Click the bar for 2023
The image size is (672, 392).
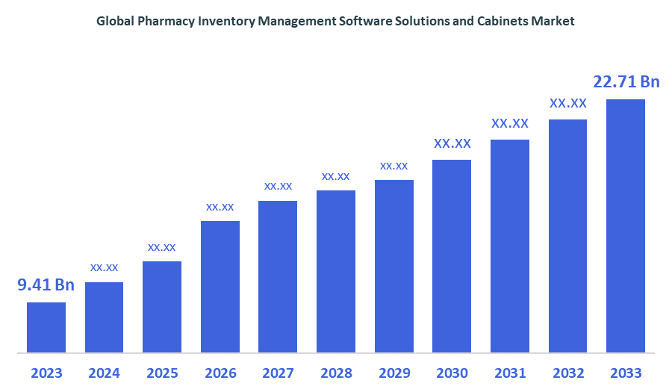[46, 327]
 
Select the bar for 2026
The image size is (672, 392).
[220, 286]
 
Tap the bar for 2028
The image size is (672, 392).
[336, 271]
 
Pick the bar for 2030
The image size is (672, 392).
[452, 255]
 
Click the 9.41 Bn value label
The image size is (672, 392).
[46, 284]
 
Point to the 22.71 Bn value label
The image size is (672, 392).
[626, 81]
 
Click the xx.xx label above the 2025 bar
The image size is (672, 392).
[162, 247]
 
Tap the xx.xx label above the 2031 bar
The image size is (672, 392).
[510, 123]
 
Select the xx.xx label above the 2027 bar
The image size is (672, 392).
[278, 186]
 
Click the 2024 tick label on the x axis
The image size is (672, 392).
[104, 373]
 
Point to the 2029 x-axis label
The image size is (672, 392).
[394, 373]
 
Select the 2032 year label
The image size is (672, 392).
[567, 373]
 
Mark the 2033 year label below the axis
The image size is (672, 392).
[626, 373]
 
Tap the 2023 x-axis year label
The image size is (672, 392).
[46, 373]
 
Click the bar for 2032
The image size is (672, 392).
[567, 236]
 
